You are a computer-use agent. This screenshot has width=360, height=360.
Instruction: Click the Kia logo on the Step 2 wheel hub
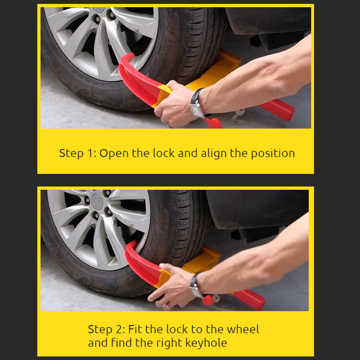pos(96,201)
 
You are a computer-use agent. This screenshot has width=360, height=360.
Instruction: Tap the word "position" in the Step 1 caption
pos(273,153)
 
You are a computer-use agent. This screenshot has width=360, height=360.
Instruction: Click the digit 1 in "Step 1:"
pos(90,153)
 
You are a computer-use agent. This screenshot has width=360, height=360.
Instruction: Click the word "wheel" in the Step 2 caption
pos(243,329)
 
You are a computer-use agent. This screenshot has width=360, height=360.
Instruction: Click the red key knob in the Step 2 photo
pos(208,301)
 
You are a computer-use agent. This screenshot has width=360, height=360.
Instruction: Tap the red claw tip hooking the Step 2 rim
pos(132,244)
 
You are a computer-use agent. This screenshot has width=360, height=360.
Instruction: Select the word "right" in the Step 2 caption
pos(170,343)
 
